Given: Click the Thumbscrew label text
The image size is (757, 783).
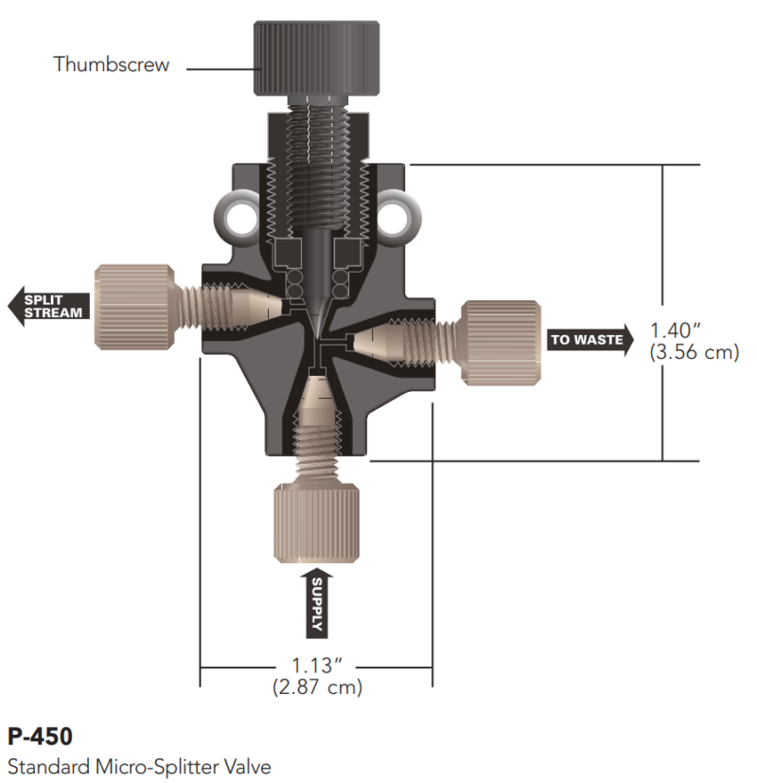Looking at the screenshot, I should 112,65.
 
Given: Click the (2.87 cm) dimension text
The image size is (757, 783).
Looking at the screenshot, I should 317,687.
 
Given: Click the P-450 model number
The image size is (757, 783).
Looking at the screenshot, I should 40,736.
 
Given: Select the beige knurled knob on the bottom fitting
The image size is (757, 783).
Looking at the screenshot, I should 316,524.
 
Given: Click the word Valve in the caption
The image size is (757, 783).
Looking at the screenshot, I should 248,763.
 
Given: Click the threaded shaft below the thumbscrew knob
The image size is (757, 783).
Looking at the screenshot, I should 316,161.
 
